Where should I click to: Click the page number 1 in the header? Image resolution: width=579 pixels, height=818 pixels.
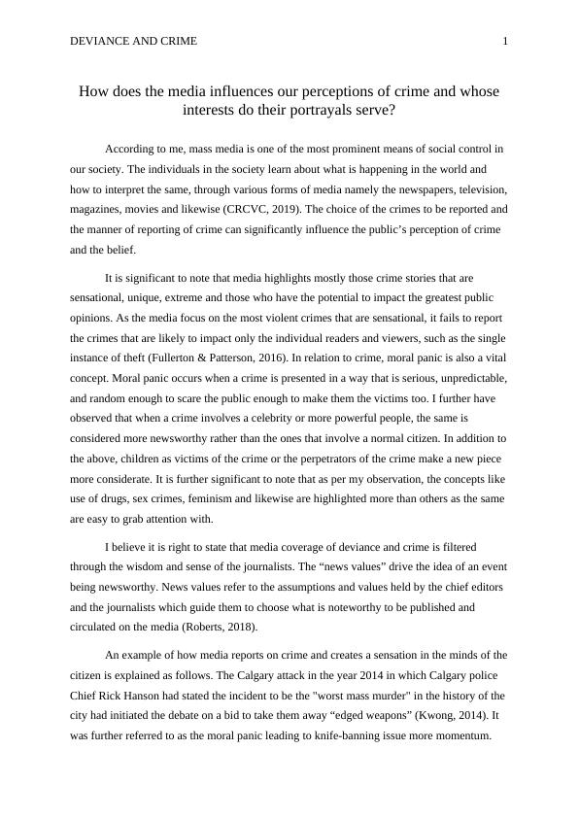(505, 41)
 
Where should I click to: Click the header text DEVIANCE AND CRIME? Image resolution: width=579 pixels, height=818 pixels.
(134, 41)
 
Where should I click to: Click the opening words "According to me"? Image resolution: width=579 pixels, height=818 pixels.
(141, 149)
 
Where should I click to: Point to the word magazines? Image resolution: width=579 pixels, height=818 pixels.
(97, 209)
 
